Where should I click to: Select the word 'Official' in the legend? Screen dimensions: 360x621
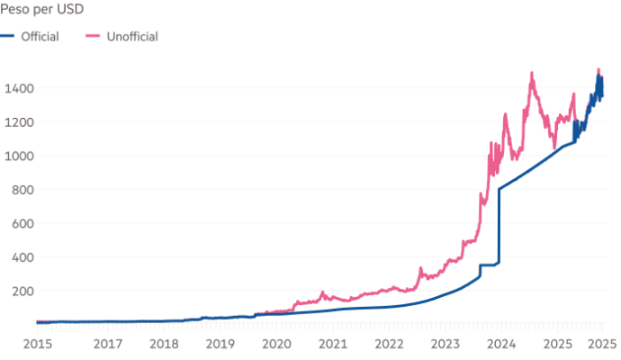coord(40,37)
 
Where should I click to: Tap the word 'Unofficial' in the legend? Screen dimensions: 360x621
coord(133,37)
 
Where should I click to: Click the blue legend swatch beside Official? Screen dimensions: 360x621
coord(7,37)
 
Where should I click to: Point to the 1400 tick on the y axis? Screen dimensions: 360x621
coord(18,87)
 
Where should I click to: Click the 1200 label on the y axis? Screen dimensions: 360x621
coord(18,121)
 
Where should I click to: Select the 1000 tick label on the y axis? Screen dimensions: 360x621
coord(18,156)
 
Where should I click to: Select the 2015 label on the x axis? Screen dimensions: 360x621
coord(36,344)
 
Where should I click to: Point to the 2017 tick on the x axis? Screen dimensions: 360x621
coord(109,344)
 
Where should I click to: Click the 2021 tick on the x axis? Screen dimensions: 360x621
coord(333,344)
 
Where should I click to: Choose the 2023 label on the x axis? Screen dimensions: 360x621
coord(445,344)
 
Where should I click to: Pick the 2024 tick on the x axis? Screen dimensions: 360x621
coord(501,344)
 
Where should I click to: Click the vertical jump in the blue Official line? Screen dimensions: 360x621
coord(498,225)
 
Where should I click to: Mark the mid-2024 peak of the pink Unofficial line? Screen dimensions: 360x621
coord(532,73)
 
